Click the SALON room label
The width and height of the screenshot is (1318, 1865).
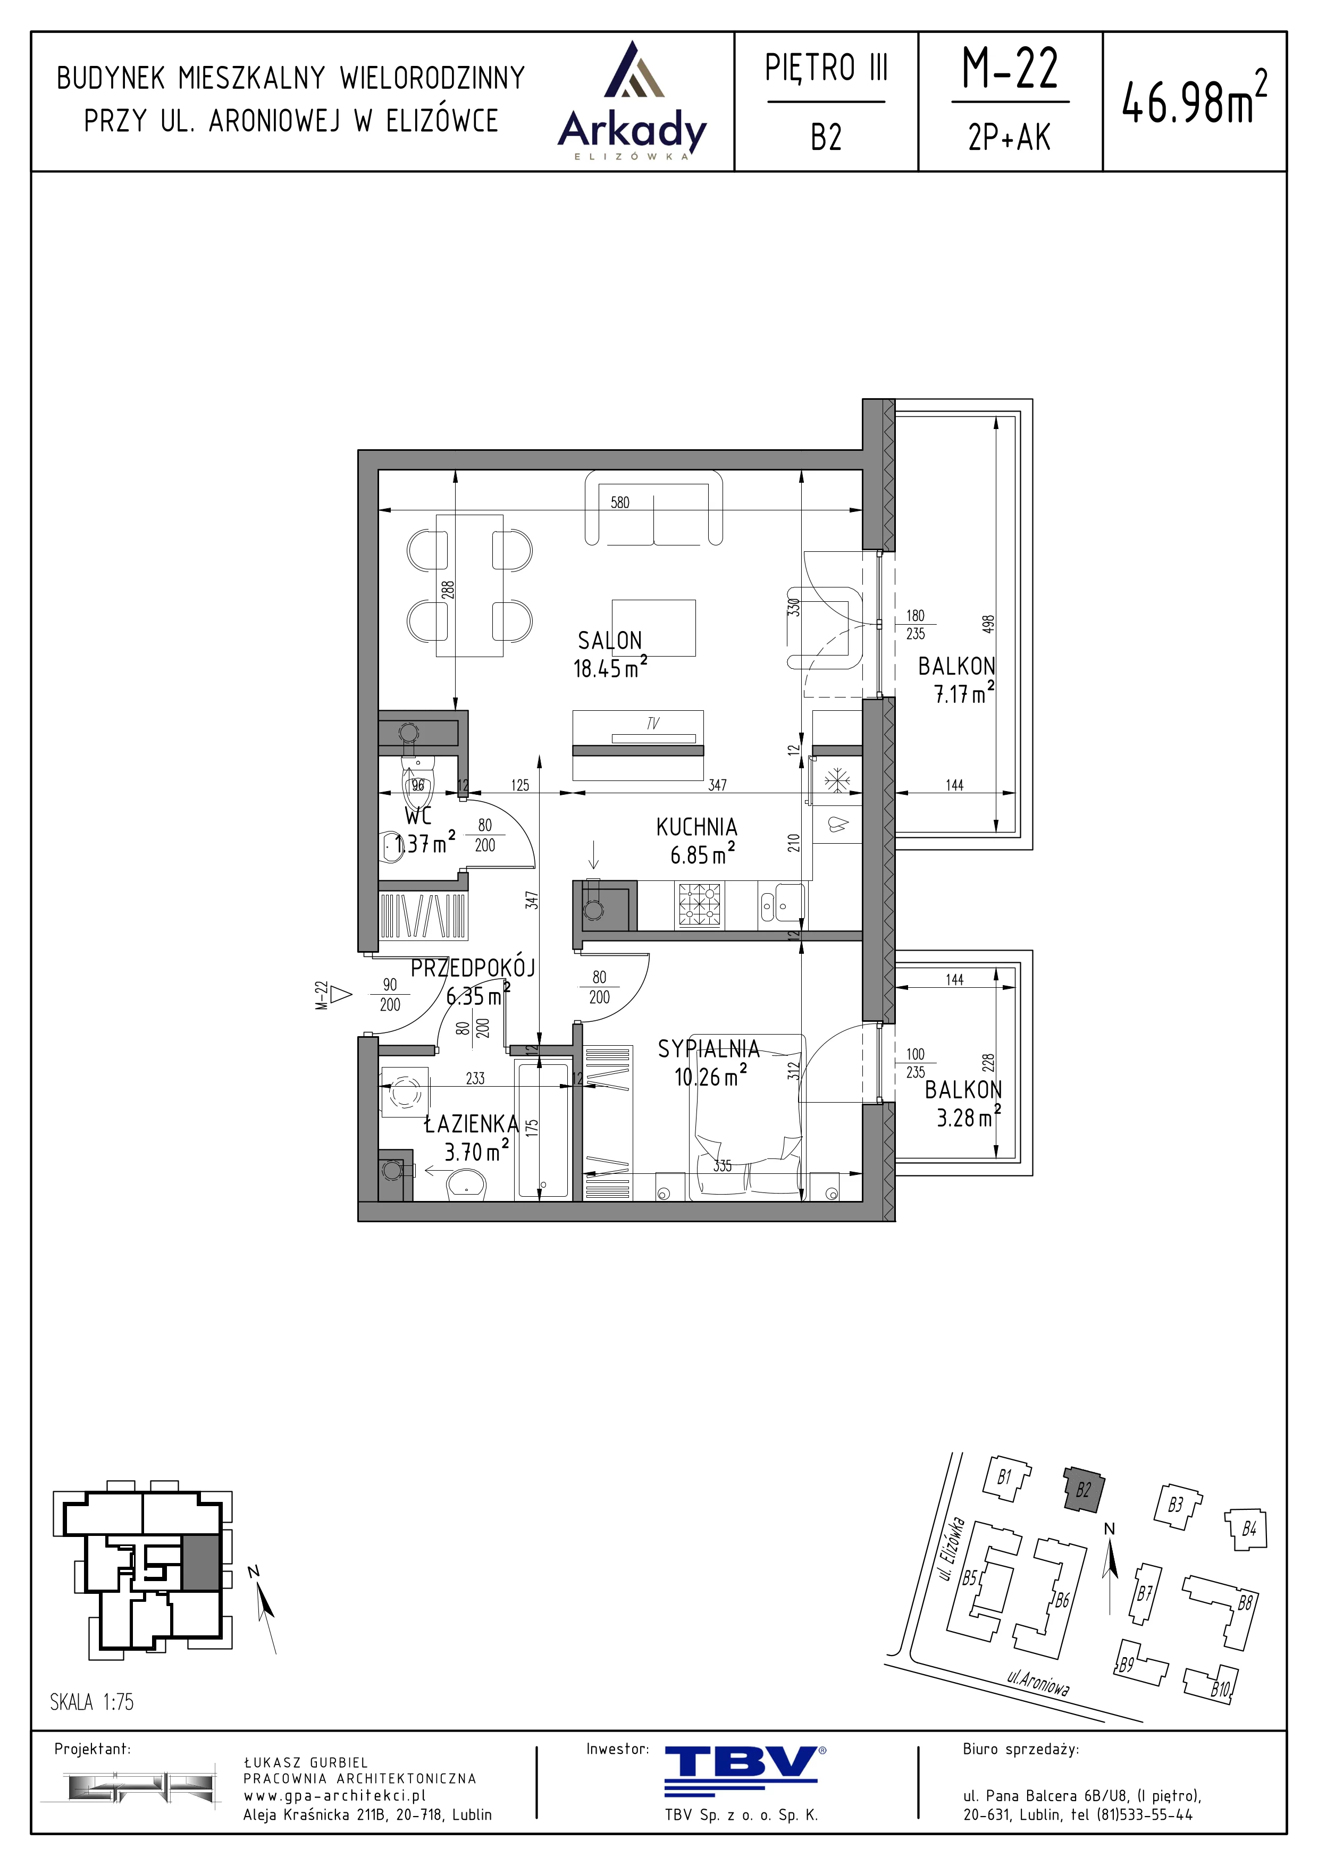[610, 641]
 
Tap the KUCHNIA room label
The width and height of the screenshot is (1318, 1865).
[697, 828]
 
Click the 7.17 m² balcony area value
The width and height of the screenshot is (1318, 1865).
[964, 693]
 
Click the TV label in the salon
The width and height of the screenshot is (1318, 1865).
[653, 723]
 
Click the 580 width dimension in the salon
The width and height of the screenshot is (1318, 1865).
[619, 503]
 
